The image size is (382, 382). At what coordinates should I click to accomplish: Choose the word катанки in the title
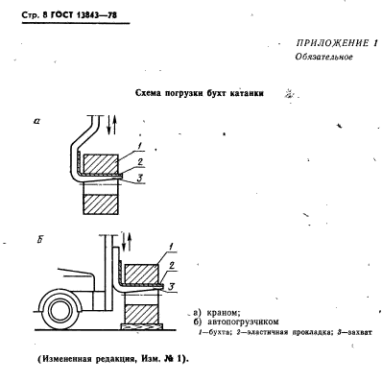coord(247,94)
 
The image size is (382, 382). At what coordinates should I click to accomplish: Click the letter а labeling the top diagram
coord(36,123)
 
